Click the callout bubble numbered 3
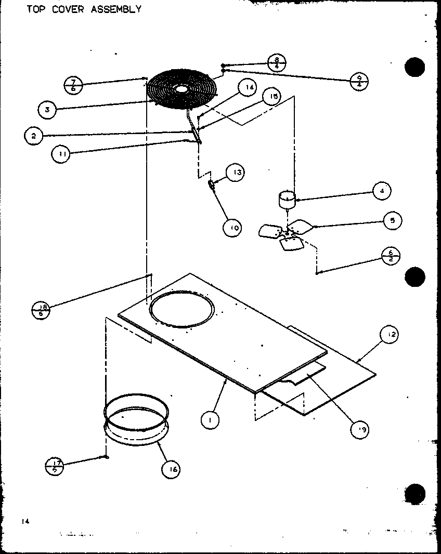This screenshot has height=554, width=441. (x=47, y=110)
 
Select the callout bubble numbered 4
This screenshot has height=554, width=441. (x=382, y=191)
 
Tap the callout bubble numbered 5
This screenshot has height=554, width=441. (x=392, y=221)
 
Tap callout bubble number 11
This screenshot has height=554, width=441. (x=61, y=154)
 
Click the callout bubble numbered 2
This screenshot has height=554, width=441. (x=33, y=136)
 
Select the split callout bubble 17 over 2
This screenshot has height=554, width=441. (x=56, y=465)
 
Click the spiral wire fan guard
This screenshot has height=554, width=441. (x=180, y=89)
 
